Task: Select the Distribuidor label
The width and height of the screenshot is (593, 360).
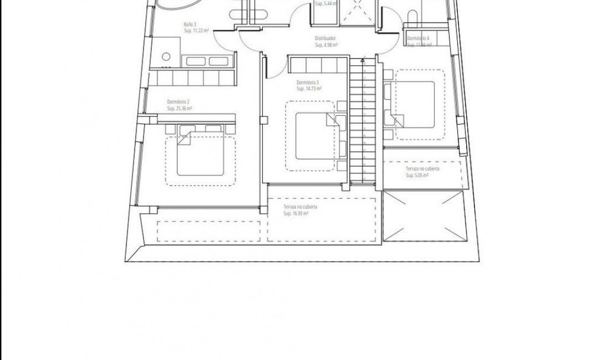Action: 326,38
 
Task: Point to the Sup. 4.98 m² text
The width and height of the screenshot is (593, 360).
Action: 327,45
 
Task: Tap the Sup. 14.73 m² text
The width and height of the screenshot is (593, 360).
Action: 309,89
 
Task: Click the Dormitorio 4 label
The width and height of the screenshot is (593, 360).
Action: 418,38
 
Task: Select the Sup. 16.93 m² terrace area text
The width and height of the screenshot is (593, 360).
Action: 295,213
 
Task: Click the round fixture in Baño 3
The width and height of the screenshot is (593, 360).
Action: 165,56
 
